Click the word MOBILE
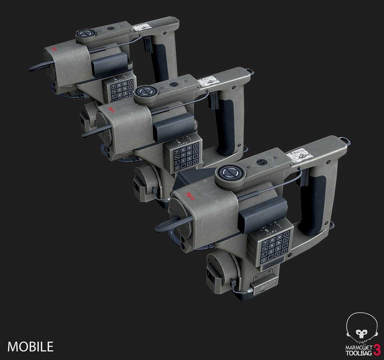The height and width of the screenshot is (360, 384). tap(30, 347)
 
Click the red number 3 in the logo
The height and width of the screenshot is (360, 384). tap(377, 349)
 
